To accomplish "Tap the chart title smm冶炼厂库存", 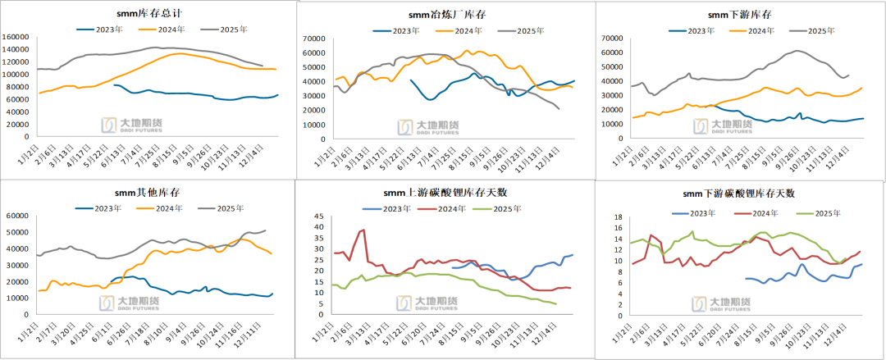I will tap(447, 15).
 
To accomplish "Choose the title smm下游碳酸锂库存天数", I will tap(739, 194).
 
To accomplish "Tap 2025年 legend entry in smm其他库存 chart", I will tap(227, 208).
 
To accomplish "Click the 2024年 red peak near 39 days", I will tap(362, 230).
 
